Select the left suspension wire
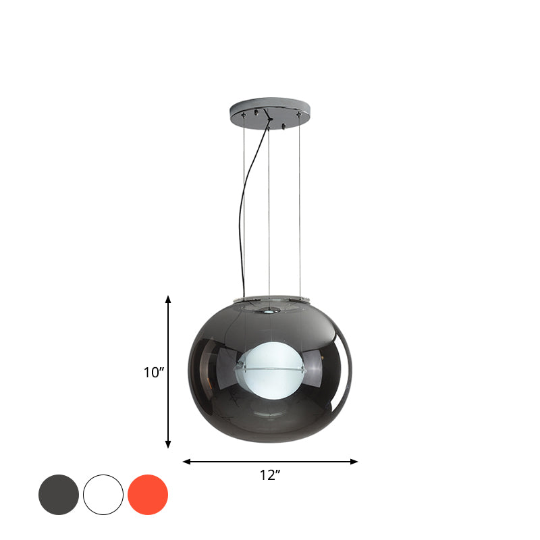point(244,202)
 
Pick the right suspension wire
point(298,202)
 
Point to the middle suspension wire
point(269,202)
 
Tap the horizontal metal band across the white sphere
point(270,369)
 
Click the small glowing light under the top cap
point(269,311)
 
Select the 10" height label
point(155,372)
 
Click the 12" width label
point(270,475)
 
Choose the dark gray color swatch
point(59,495)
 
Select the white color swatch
point(103,495)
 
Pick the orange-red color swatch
point(148,495)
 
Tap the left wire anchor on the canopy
point(244,115)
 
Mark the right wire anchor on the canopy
point(298,115)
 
